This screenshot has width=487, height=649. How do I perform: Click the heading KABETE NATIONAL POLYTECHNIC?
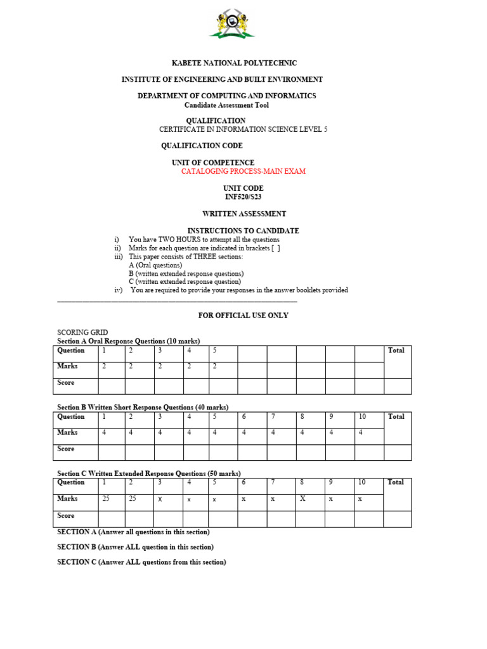[x=235, y=63]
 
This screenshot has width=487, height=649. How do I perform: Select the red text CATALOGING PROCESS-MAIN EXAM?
[x=243, y=172]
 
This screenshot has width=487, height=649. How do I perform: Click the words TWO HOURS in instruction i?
[x=169, y=240]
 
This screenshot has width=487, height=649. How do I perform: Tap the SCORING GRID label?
[x=82, y=333]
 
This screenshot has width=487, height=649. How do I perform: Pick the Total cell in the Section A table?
[x=396, y=350]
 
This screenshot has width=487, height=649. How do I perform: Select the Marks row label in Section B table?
[x=68, y=432]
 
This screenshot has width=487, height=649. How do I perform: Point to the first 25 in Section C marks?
[x=106, y=499]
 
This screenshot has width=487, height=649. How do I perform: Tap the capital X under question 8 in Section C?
[x=302, y=499]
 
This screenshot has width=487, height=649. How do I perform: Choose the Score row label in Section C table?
[x=66, y=516]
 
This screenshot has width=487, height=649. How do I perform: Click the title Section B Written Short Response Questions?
[x=143, y=407]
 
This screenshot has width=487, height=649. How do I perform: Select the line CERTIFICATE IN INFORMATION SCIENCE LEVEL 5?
[x=243, y=129]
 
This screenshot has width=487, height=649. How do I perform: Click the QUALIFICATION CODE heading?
[x=202, y=146]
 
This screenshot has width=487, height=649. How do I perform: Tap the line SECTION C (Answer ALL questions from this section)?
[x=141, y=562]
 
